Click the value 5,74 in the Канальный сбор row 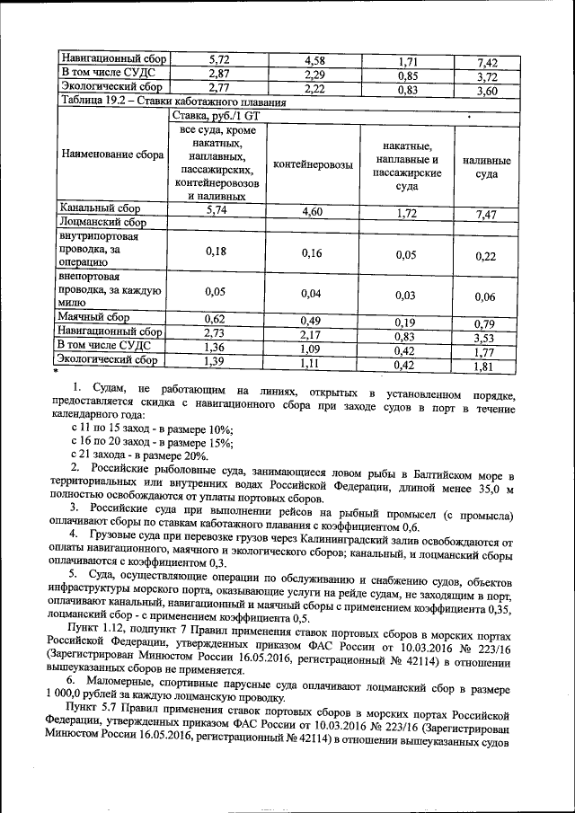215,208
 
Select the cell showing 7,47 486,215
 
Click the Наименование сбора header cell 111,155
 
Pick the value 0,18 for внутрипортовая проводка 215,252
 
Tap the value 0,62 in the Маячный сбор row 215,318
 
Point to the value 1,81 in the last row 486,367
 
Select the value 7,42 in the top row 486,62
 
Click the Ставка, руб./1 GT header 220,117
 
